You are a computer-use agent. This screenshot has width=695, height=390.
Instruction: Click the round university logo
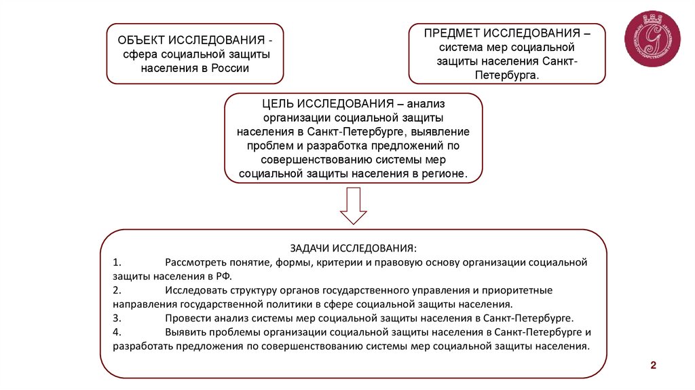click(x=652, y=39)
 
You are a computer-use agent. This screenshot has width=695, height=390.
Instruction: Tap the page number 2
click(x=654, y=366)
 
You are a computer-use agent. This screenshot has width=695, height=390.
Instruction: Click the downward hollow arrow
click(x=353, y=206)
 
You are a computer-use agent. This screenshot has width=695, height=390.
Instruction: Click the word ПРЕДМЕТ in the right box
click(x=453, y=33)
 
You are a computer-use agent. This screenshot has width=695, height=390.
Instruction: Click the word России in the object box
click(x=233, y=69)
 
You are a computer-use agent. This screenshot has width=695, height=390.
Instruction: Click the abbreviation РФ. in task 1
click(x=223, y=276)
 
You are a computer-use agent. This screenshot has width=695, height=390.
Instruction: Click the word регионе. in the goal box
click(x=447, y=174)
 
